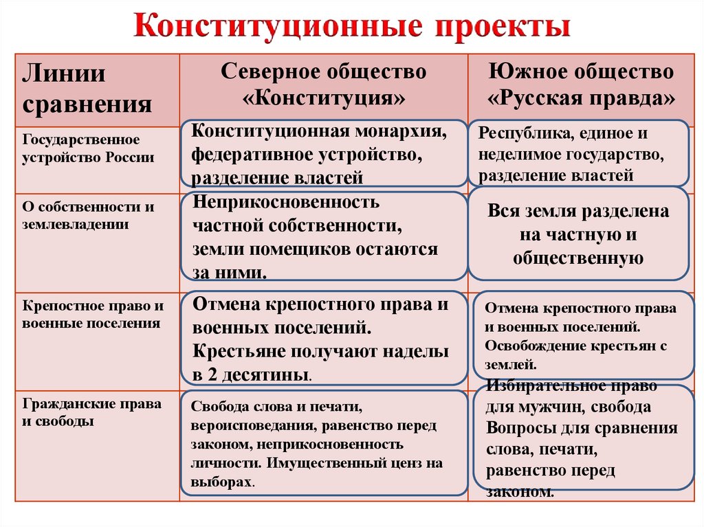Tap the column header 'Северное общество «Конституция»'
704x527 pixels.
(323, 84)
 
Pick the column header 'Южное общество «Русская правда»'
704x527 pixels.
(581, 84)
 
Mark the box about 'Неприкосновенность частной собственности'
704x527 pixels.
(323, 236)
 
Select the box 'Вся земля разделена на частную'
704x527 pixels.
(578, 234)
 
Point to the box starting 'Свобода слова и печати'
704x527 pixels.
(323, 443)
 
